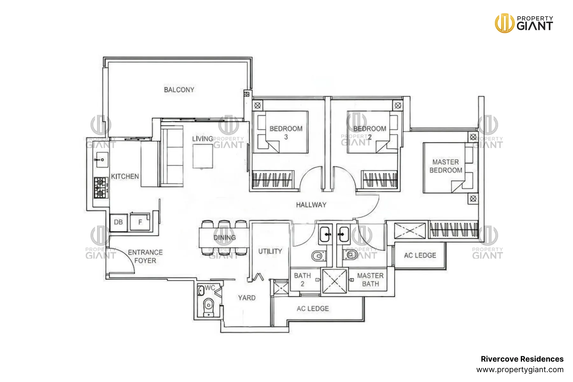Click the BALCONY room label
[179, 90]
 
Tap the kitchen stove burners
[100, 188]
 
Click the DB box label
[118, 222]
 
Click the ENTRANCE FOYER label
[145, 257]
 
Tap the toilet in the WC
[209, 306]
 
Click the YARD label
[247, 298]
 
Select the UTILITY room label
[270, 251]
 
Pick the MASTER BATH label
[370, 279]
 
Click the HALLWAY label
[311, 205]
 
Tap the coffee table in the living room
[203, 156]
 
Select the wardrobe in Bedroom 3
[273, 180]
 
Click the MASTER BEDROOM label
[446, 166]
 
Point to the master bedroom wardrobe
[453, 229]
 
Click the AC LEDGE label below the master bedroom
[420, 255]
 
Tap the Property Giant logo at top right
[524, 23]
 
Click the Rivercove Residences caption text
[522, 359]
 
